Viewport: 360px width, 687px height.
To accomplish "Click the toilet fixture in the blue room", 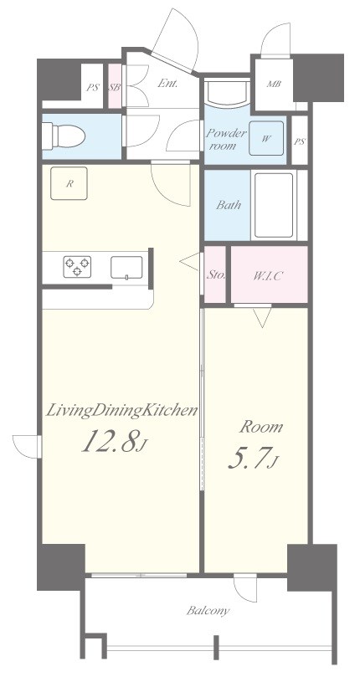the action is pyautogui.click(x=63, y=136).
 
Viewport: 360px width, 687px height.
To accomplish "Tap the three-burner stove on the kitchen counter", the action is pyautogui.click(x=77, y=267).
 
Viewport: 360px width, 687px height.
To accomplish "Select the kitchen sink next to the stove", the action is pyautogui.click(x=126, y=267).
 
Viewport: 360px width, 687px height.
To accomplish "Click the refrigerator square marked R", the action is pyautogui.click(x=69, y=183).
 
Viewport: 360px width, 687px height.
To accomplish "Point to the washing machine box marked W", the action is pyautogui.click(x=266, y=138).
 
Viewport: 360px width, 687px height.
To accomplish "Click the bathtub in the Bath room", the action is pyautogui.click(x=274, y=205).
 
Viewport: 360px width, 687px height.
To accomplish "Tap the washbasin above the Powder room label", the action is pyautogui.click(x=228, y=92).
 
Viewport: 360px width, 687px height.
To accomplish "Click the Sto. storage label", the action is pyautogui.click(x=216, y=276).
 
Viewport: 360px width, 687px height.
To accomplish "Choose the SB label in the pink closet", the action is pyautogui.click(x=115, y=87).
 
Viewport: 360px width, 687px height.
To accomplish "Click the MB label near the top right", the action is pyautogui.click(x=274, y=84).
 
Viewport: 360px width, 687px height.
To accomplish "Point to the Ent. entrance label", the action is pyautogui.click(x=167, y=83).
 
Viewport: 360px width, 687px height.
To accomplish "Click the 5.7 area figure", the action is pyautogui.click(x=254, y=457).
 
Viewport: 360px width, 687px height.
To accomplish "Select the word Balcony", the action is pyautogui.click(x=208, y=611).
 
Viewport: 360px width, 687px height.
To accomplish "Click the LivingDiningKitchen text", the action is pyautogui.click(x=122, y=411).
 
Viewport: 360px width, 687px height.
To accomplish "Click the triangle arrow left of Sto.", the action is pyautogui.click(x=190, y=262).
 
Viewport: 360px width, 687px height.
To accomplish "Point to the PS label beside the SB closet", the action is pyautogui.click(x=92, y=87).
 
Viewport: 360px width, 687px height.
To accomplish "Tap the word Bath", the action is pyautogui.click(x=229, y=205).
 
